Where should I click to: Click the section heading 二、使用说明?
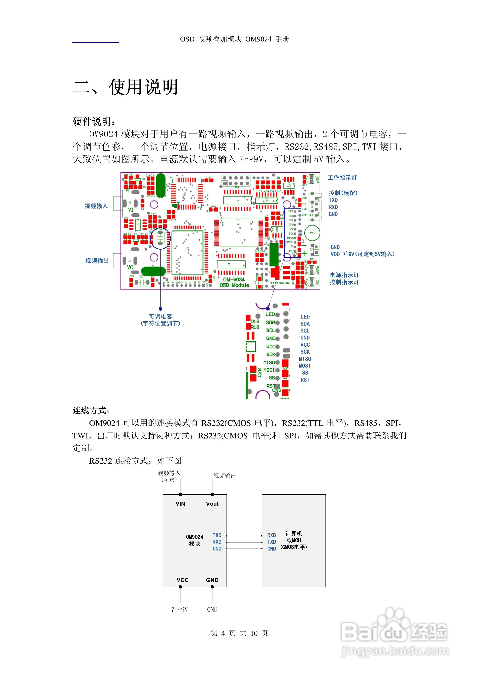tap(125, 87)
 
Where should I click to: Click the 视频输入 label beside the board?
tap(96, 206)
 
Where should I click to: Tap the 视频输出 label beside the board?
tap(97, 260)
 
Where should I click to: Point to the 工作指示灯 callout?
tap(342, 178)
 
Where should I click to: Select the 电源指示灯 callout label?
tap(344, 275)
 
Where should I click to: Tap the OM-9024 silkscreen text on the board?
tap(234, 279)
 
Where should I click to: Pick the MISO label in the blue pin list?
tap(305, 359)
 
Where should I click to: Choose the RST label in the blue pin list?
tap(305, 380)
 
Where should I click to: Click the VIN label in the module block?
tap(180, 504)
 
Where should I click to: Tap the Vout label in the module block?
tap(212, 504)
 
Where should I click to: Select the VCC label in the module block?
tap(182, 580)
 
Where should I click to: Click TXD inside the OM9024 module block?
tap(217, 535)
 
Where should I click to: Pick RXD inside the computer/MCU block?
tap(272, 535)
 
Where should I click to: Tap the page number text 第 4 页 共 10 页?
tap(239, 633)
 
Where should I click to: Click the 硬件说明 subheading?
tap(94, 121)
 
